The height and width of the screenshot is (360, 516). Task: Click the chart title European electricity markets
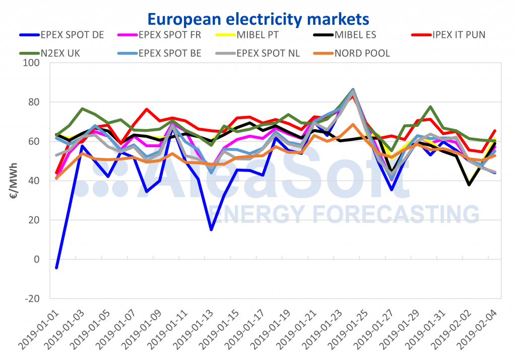(x=258, y=19)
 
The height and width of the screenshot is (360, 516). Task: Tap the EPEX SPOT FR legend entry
(x=161, y=35)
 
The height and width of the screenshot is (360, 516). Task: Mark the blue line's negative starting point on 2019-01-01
(x=56, y=268)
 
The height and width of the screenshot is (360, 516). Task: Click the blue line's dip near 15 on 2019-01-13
(x=211, y=229)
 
